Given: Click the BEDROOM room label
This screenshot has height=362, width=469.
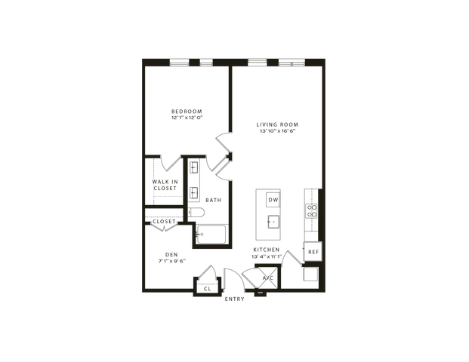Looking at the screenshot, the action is click(187, 112).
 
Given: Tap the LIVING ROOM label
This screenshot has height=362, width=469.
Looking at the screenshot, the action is click(277, 124).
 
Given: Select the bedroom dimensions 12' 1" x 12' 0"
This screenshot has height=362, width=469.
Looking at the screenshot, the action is click(187, 118).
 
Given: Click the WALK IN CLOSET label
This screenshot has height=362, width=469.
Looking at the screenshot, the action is click(165, 185).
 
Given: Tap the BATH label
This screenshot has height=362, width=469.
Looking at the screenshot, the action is click(214, 200).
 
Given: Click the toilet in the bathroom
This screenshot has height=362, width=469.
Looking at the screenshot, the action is click(196, 213).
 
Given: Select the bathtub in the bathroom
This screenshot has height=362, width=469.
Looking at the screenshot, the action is click(211, 234).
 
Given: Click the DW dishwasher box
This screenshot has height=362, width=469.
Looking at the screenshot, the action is click(273, 200).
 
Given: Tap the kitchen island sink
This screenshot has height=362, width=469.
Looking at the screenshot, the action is click(273, 222).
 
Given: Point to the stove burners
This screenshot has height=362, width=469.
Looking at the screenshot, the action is click(311, 211).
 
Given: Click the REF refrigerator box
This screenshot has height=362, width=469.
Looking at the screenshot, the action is click(313, 252).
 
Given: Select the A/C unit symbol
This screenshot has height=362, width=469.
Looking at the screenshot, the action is click(268, 278).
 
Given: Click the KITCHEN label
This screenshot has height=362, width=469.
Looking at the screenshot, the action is click(267, 250).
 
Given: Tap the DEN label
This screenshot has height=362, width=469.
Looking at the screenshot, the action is click(171, 254).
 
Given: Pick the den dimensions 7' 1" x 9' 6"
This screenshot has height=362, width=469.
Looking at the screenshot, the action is click(172, 261).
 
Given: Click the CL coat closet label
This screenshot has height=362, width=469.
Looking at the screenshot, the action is click(207, 289).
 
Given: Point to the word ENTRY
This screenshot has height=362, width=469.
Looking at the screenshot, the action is click(235, 299).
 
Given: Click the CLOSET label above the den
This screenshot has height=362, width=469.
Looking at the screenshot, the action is click(164, 221).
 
